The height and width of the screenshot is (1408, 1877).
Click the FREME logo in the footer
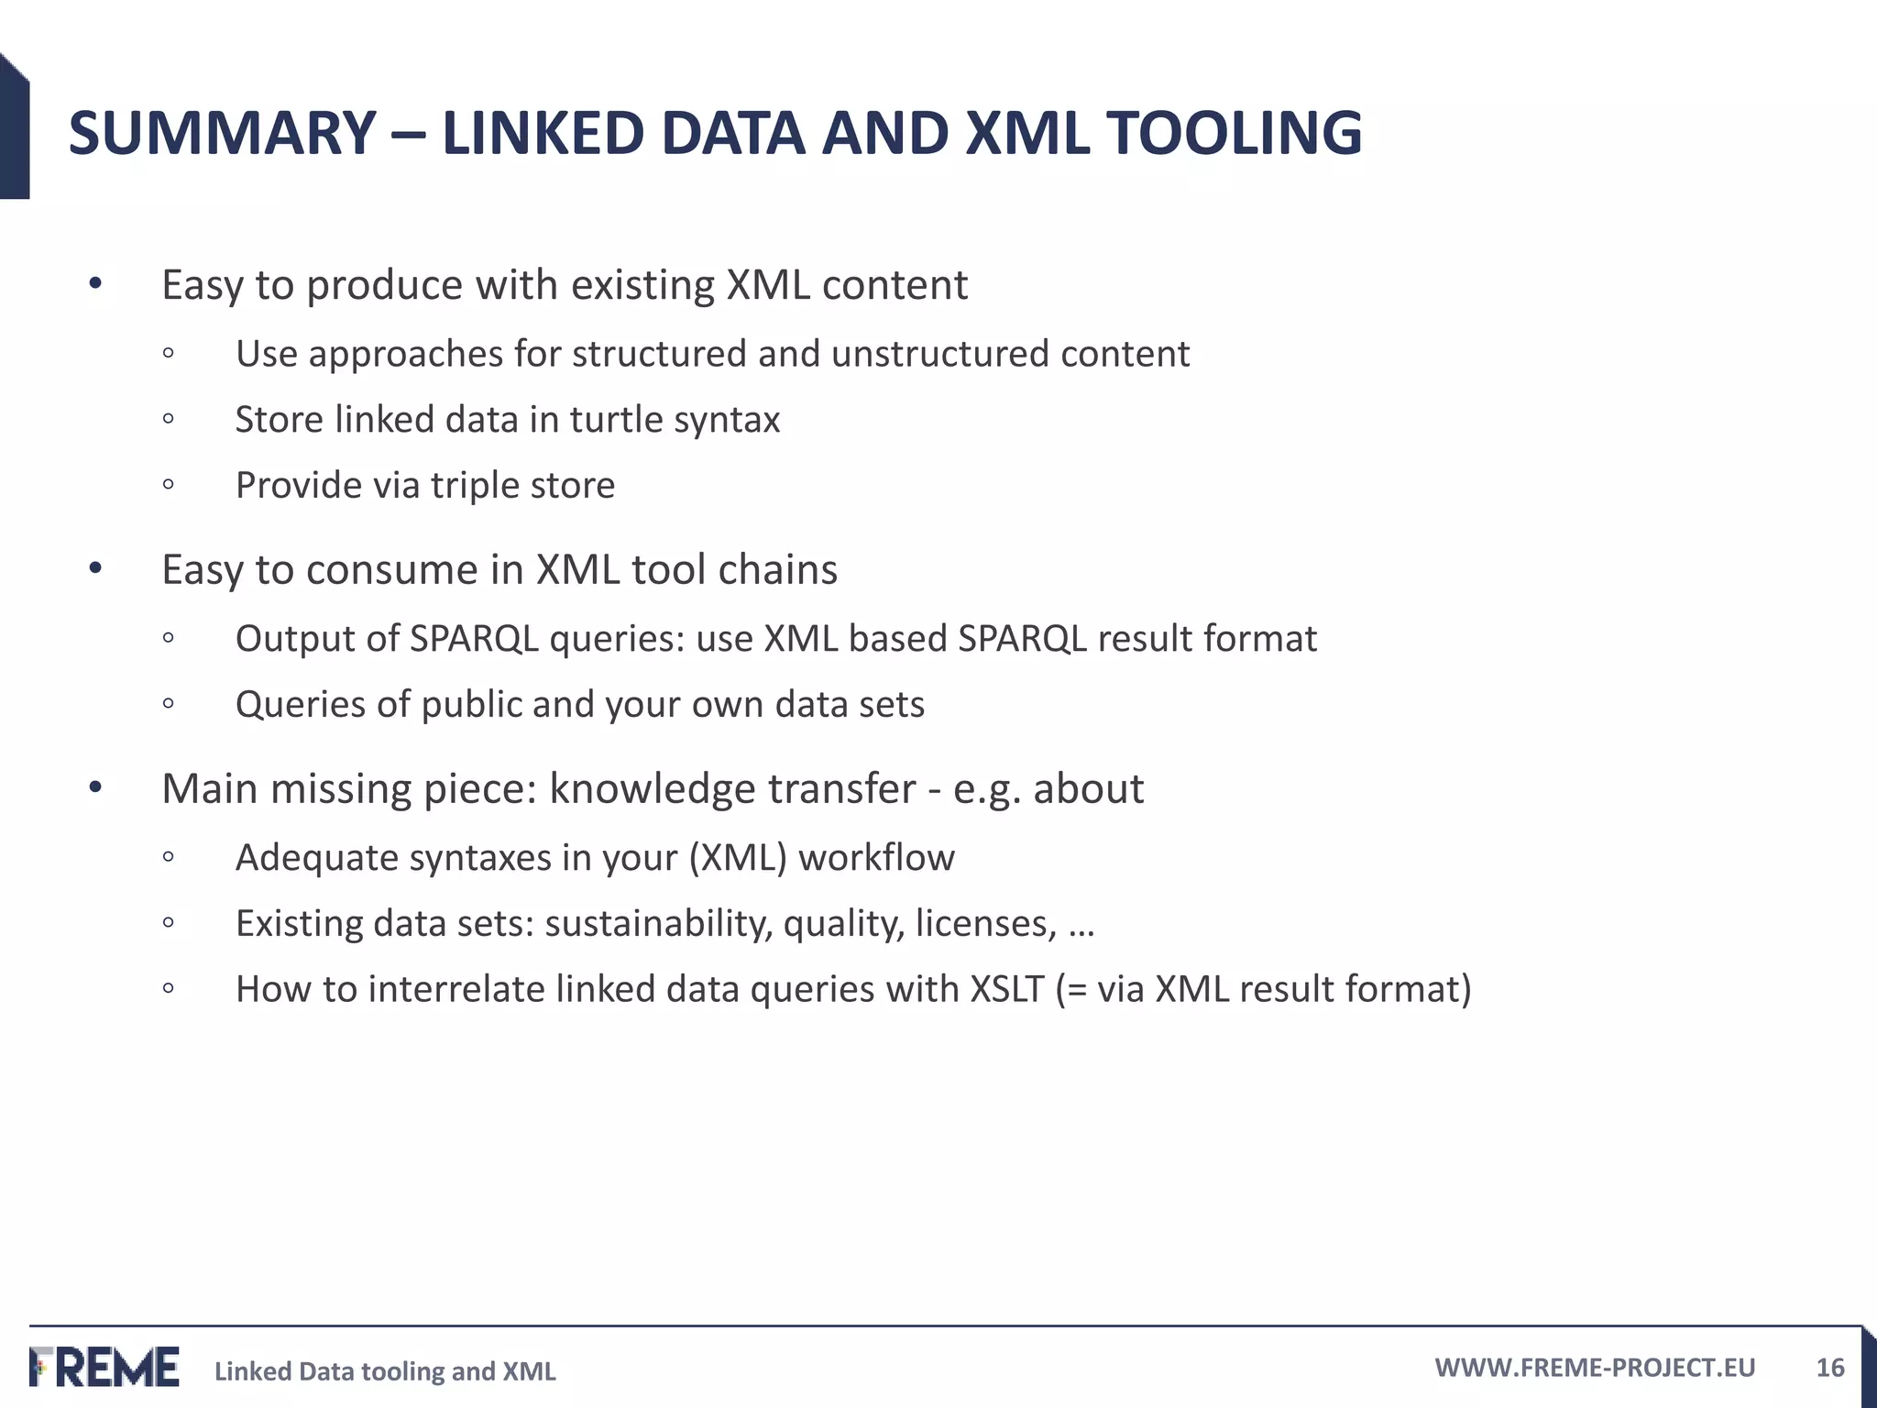(104, 1367)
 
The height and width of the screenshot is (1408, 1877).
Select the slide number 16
(1829, 1368)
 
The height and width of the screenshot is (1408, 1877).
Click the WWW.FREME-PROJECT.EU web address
(1595, 1368)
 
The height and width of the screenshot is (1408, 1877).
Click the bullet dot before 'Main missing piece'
(95, 788)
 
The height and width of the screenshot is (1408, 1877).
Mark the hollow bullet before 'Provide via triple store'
(168, 485)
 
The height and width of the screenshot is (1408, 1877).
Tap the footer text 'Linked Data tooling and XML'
(385, 1371)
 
